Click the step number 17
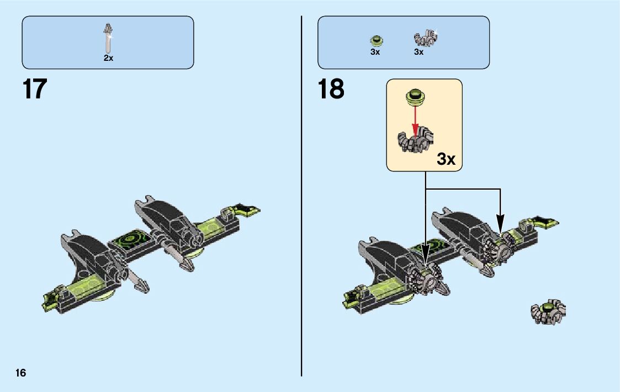point(35,89)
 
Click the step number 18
point(331,89)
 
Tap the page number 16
point(21,373)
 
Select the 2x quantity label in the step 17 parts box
point(108,58)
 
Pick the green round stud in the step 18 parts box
point(376,40)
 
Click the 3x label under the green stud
point(375,53)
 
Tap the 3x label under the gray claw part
point(419,53)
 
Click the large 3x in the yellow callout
point(446,159)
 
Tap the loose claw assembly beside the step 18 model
point(548,312)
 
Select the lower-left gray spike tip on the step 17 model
point(142,286)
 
